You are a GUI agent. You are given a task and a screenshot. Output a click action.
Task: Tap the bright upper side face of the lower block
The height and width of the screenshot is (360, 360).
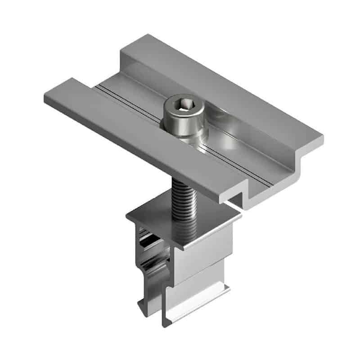click(x=211, y=252)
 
